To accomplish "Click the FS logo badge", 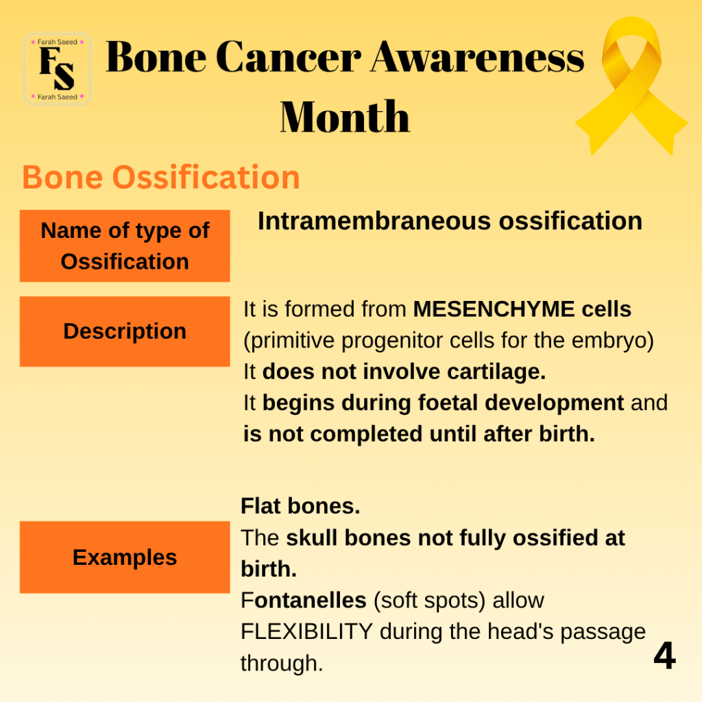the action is point(58,69).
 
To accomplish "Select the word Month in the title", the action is point(345,117).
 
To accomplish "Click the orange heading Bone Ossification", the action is point(161,178).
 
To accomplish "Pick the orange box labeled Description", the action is point(125,331).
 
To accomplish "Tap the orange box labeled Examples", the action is point(125,557).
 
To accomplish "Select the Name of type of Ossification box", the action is point(125,246).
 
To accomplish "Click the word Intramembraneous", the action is point(374,221).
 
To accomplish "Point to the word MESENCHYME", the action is point(494,309).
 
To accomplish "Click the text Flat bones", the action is point(300,506).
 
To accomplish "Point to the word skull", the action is point(312,537).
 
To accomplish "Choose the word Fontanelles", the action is point(304,600).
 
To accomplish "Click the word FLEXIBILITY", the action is point(306,631).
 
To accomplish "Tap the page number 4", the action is point(665,655).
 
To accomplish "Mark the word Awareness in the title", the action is point(478,58).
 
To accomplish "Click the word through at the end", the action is point(282,663).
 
